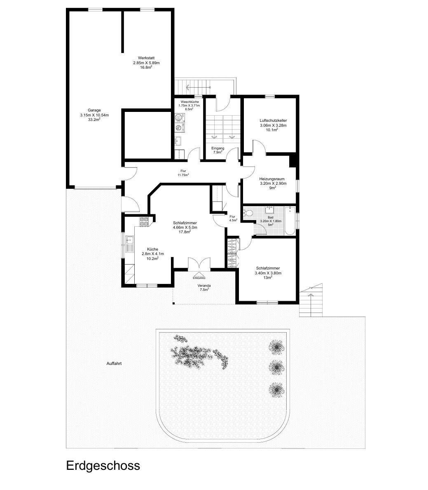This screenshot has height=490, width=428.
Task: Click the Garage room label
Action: point(94,110)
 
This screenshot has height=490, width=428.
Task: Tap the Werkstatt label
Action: point(146,58)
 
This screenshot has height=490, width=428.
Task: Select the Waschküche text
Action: point(189,102)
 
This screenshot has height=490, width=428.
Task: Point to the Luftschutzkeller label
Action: point(273,120)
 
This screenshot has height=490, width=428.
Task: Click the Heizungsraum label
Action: point(271,179)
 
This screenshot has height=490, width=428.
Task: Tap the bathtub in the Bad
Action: point(290,221)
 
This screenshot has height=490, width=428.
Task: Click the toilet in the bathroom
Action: point(248,213)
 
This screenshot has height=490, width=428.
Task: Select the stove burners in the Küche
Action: point(144,222)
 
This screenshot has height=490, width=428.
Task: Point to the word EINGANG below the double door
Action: point(199,278)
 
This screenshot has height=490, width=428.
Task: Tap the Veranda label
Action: point(204,286)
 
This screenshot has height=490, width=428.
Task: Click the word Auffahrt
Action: point(114,363)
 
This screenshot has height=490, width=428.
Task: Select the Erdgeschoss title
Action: point(103,466)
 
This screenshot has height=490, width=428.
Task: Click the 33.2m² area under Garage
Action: point(94,119)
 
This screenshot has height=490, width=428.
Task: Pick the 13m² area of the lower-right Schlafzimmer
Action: point(268,277)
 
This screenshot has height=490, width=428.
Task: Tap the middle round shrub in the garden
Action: point(276,367)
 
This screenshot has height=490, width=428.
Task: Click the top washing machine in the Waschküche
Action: point(179,118)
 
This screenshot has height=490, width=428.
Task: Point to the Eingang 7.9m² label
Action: point(218,150)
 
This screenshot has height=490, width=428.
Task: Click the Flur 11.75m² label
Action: point(183,173)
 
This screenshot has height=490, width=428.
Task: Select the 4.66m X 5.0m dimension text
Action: point(185,227)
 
